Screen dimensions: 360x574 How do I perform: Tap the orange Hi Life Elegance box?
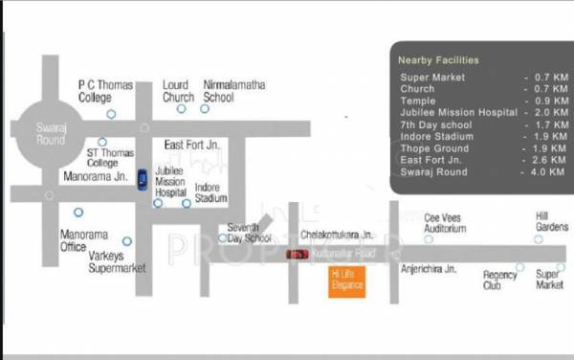pyautogui.click(x=346, y=279)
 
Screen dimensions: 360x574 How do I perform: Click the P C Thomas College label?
pyautogui.click(x=105, y=91)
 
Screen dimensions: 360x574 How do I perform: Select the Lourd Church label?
pyautogui.click(x=178, y=91)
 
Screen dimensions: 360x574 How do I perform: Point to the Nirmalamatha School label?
pyautogui.click(x=233, y=91)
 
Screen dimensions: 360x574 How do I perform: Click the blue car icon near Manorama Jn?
pyautogui.click(x=142, y=179)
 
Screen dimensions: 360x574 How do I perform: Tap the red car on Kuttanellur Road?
pyautogui.click(x=298, y=254)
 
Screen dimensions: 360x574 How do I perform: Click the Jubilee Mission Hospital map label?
pyautogui.click(x=170, y=179)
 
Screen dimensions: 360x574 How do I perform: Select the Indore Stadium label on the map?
pyautogui.click(x=210, y=192)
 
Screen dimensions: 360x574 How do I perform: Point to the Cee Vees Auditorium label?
pyautogui.click(x=445, y=223)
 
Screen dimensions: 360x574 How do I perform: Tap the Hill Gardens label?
pyautogui.click(x=551, y=222)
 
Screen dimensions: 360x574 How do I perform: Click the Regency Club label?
pyautogui.click(x=499, y=280)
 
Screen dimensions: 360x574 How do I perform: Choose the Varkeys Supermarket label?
pyautogui.click(x=117, y=262)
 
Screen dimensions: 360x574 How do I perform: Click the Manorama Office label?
pyautogui.click(x=85, y=240)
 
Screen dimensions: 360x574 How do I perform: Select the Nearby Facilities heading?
pyautogui.click(x=438, y=60)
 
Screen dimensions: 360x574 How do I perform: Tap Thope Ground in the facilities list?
pyautogui.click(x=434, y=148)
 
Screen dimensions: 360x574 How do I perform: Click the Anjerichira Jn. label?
pyautogui.click(x=430, y=269)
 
